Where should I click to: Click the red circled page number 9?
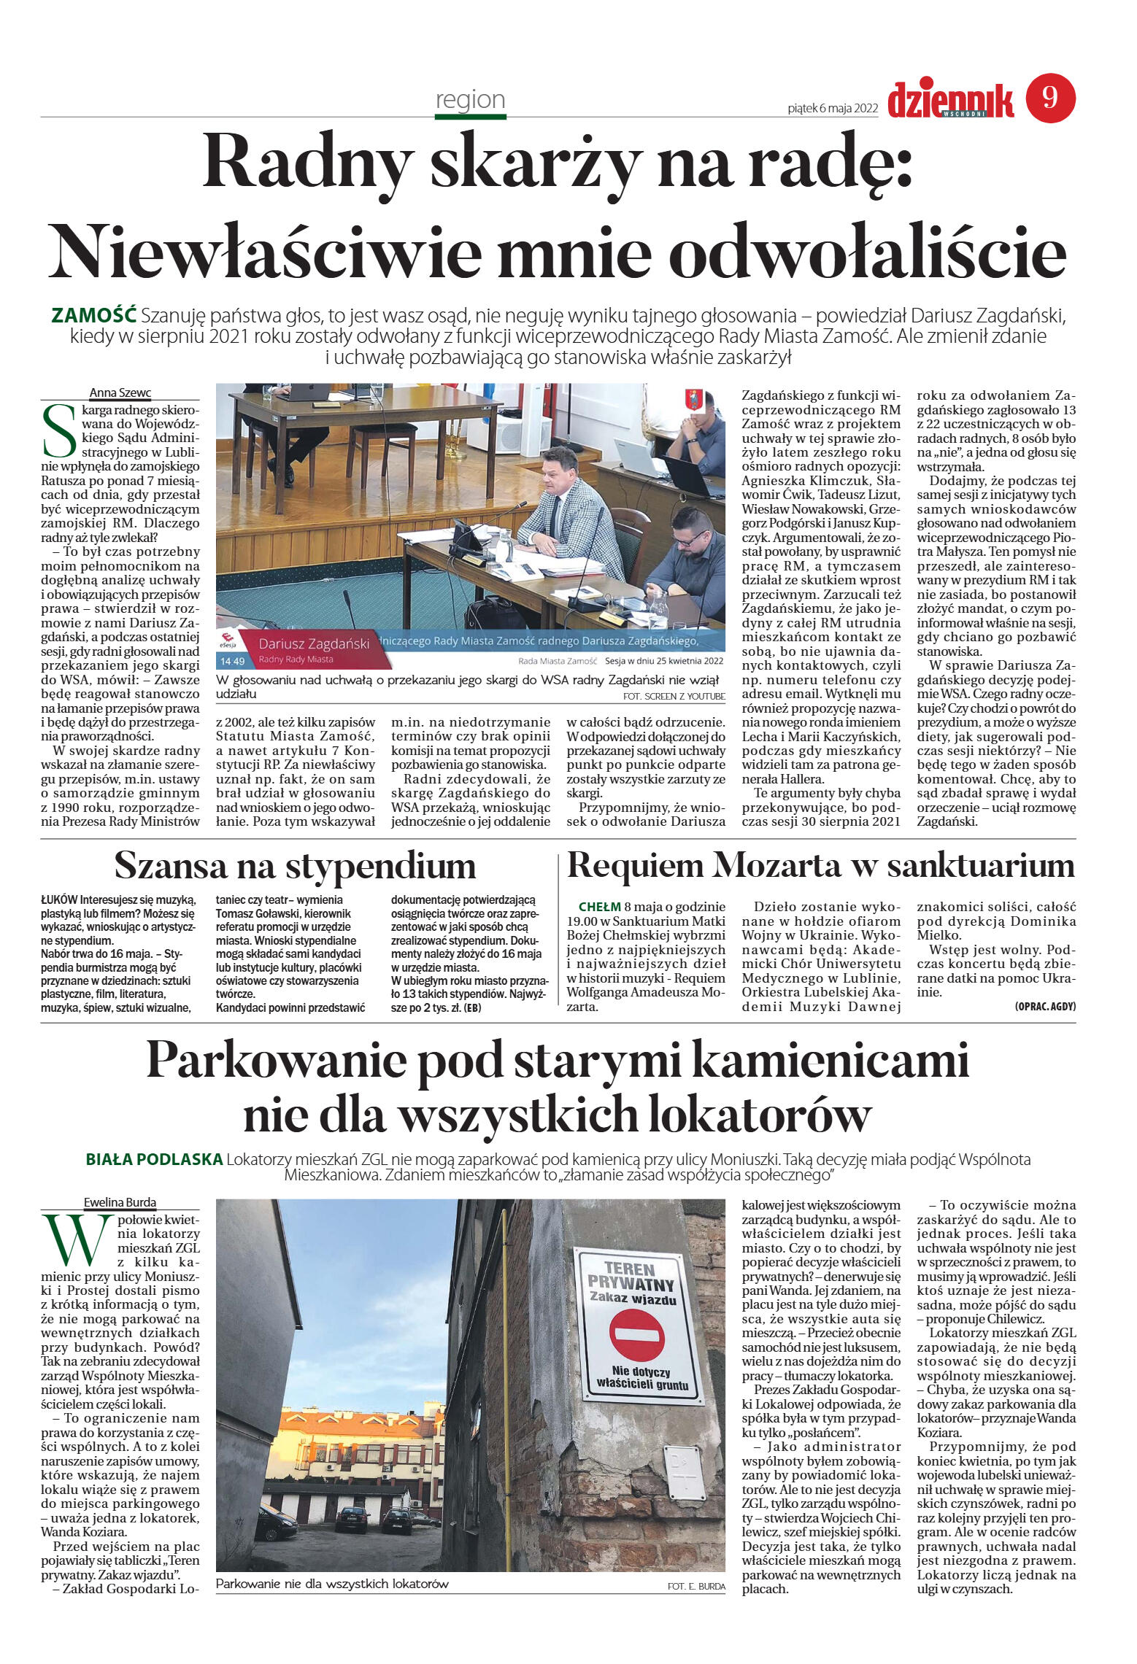pyautogui.click(x=1050, y=98)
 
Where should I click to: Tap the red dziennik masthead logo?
pyautogui.click(x=950, y=101)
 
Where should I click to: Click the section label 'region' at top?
pyautogui.click(x=470, y=99)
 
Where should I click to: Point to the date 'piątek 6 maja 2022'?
pyautogui.click(x=832, y=108)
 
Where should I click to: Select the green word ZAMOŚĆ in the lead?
pyautogui.click(x=94, y=316)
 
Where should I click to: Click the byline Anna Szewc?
pyautogui.click(x=120, y=392)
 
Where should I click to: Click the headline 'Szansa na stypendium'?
pyautogui.click(x=295, y=867)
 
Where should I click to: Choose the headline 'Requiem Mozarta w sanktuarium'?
pyautogui.click(x=820, y=866)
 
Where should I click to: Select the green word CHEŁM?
pyautogui.click(x=599, y=907)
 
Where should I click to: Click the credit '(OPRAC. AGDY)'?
pyautogui.click(x=1044, y=1007)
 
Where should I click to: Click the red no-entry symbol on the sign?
pyautogui.click(x=636, y=1336)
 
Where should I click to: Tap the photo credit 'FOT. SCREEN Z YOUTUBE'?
pyautogui.click(x=674, y=697)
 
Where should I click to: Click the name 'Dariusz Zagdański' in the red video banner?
pyautogui.click(x=314, y=643)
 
